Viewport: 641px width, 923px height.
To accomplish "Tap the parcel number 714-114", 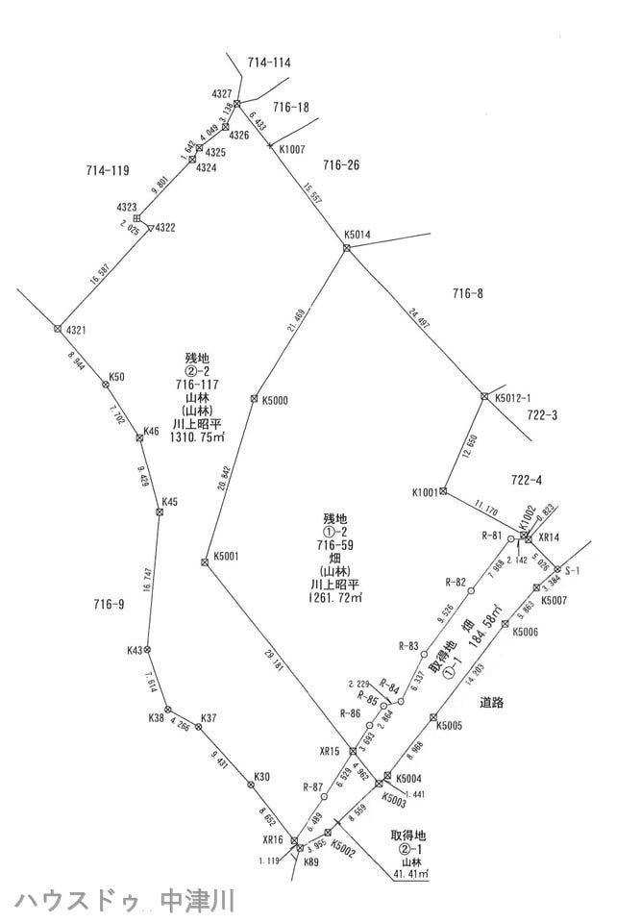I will click(269, 62).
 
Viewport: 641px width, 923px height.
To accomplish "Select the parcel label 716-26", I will click(340, 165).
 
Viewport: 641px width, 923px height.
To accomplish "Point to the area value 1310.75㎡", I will click(196, 437).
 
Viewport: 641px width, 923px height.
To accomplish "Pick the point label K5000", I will click(276, 400).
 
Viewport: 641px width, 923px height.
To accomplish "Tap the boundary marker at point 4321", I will click(58, 329).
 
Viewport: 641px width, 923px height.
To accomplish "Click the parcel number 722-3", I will click(543, 416).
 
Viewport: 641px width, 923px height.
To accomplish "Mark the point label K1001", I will click(424, 492).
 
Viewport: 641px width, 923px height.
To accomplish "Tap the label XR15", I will click(330, 751).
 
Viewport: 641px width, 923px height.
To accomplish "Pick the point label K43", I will click(135, 651).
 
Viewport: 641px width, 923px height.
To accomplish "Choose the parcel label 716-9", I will click(109, 604).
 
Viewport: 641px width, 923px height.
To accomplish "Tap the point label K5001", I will click(227, 556).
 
